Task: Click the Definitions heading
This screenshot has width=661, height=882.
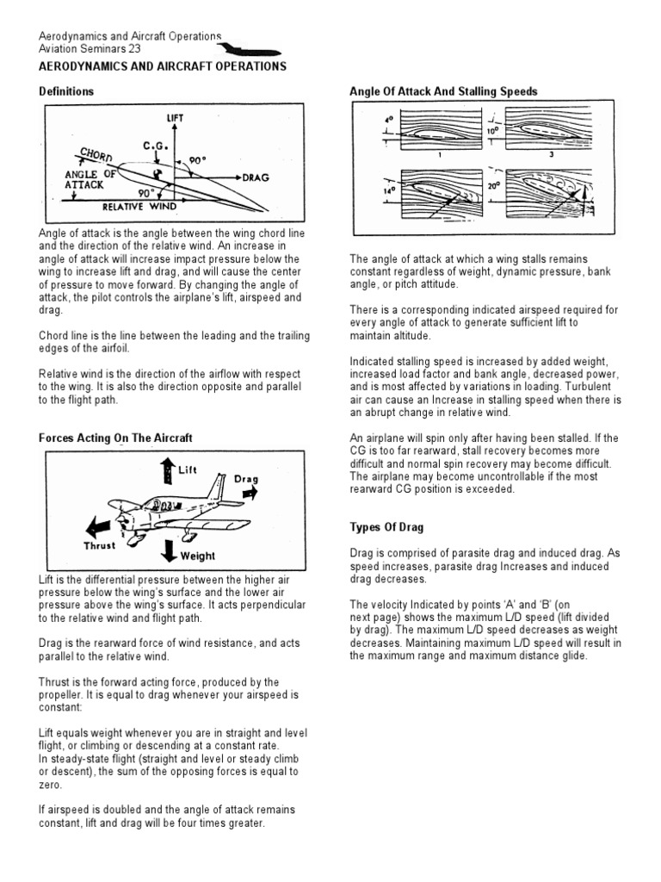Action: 67,91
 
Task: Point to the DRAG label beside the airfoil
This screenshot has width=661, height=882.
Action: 256,177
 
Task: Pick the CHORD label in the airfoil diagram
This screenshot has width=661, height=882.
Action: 96,156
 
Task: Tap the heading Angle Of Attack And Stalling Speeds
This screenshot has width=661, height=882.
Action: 443,91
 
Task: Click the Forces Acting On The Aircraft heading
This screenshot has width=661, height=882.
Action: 115,438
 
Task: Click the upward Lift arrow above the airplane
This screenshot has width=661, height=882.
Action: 167,469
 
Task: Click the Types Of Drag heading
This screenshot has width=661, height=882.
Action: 386,526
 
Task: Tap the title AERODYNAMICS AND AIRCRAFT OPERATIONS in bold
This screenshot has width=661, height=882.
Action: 164,66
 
